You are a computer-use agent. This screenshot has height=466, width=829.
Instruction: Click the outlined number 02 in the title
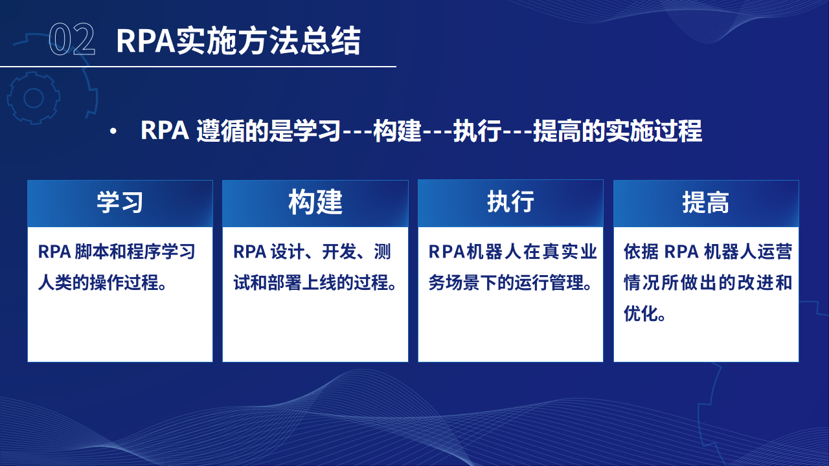click(72, 39)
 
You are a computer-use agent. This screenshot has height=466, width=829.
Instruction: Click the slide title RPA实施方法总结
click(238, 41)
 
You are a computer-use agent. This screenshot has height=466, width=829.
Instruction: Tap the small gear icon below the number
click(34, 98)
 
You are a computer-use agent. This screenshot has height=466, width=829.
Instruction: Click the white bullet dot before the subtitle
click(113, 131)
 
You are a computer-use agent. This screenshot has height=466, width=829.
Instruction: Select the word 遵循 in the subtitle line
click(220, 131)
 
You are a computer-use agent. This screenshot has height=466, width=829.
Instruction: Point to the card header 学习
click(120, 203)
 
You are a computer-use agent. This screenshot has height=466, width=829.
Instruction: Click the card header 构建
click(315, 202)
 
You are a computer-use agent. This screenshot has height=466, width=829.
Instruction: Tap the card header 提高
click(706, 203)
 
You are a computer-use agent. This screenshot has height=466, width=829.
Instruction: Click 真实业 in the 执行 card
click(569, 252)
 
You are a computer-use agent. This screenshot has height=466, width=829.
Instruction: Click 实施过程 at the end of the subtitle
click(654, 131)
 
